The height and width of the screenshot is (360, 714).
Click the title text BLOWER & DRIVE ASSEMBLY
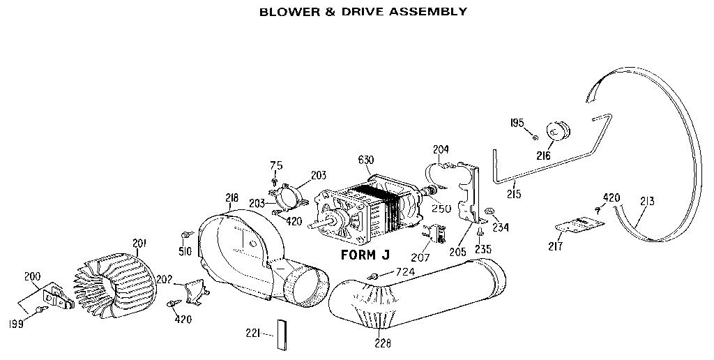pos(353,12)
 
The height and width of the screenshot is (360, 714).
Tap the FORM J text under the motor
pos(364,255)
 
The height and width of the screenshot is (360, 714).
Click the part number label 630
pos(365,160)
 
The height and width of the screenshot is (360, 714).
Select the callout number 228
pos(382,343)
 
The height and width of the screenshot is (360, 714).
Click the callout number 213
pos(646,202)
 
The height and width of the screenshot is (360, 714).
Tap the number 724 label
pos(407,271)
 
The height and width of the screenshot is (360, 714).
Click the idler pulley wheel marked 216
pos(557,131)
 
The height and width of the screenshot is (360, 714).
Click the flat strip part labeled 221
pos(282,336)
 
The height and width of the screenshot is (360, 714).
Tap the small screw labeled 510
pos(186,235)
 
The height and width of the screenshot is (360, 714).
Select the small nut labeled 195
pos(534,135)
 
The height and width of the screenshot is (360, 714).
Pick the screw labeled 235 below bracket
pos(480,232)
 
